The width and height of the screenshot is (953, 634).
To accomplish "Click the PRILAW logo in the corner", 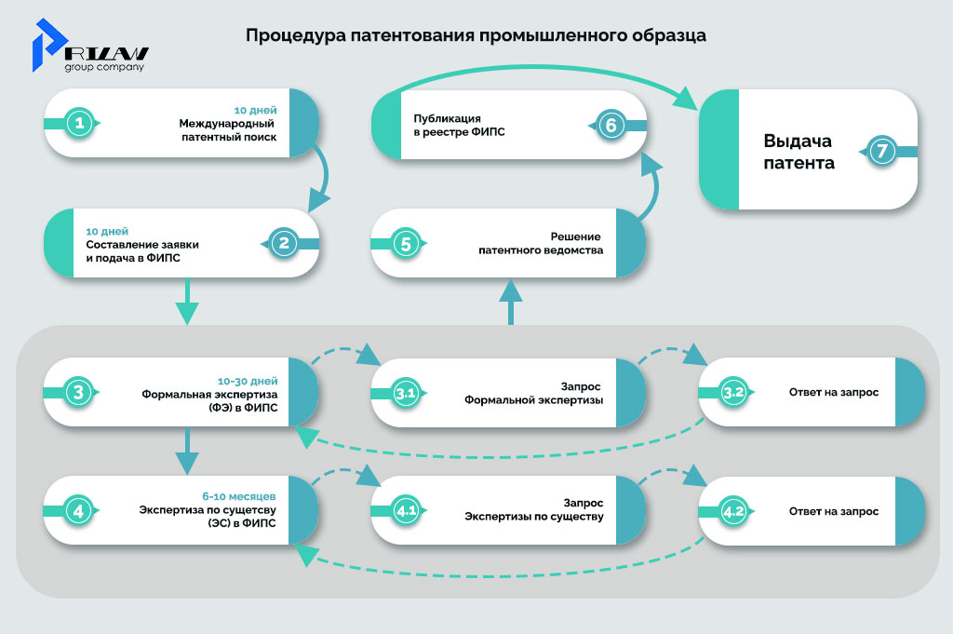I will coord(89,46).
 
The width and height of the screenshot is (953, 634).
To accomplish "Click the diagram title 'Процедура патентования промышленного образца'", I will coord(476,36).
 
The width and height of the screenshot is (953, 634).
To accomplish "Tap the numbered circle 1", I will coord(81,123).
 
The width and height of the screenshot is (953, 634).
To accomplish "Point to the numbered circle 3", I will coord(79,393).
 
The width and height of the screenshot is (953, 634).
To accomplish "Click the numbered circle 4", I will coord(79,511).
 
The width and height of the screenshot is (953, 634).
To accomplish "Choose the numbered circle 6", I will coord(609,125).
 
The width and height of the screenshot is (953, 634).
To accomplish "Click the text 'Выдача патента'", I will coord(798,152).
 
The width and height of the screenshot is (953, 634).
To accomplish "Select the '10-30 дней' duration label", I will coord(248,381).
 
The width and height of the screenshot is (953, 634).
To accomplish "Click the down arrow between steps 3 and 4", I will coord(188,452).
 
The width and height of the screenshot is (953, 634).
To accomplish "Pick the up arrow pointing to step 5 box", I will coord(510,303).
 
